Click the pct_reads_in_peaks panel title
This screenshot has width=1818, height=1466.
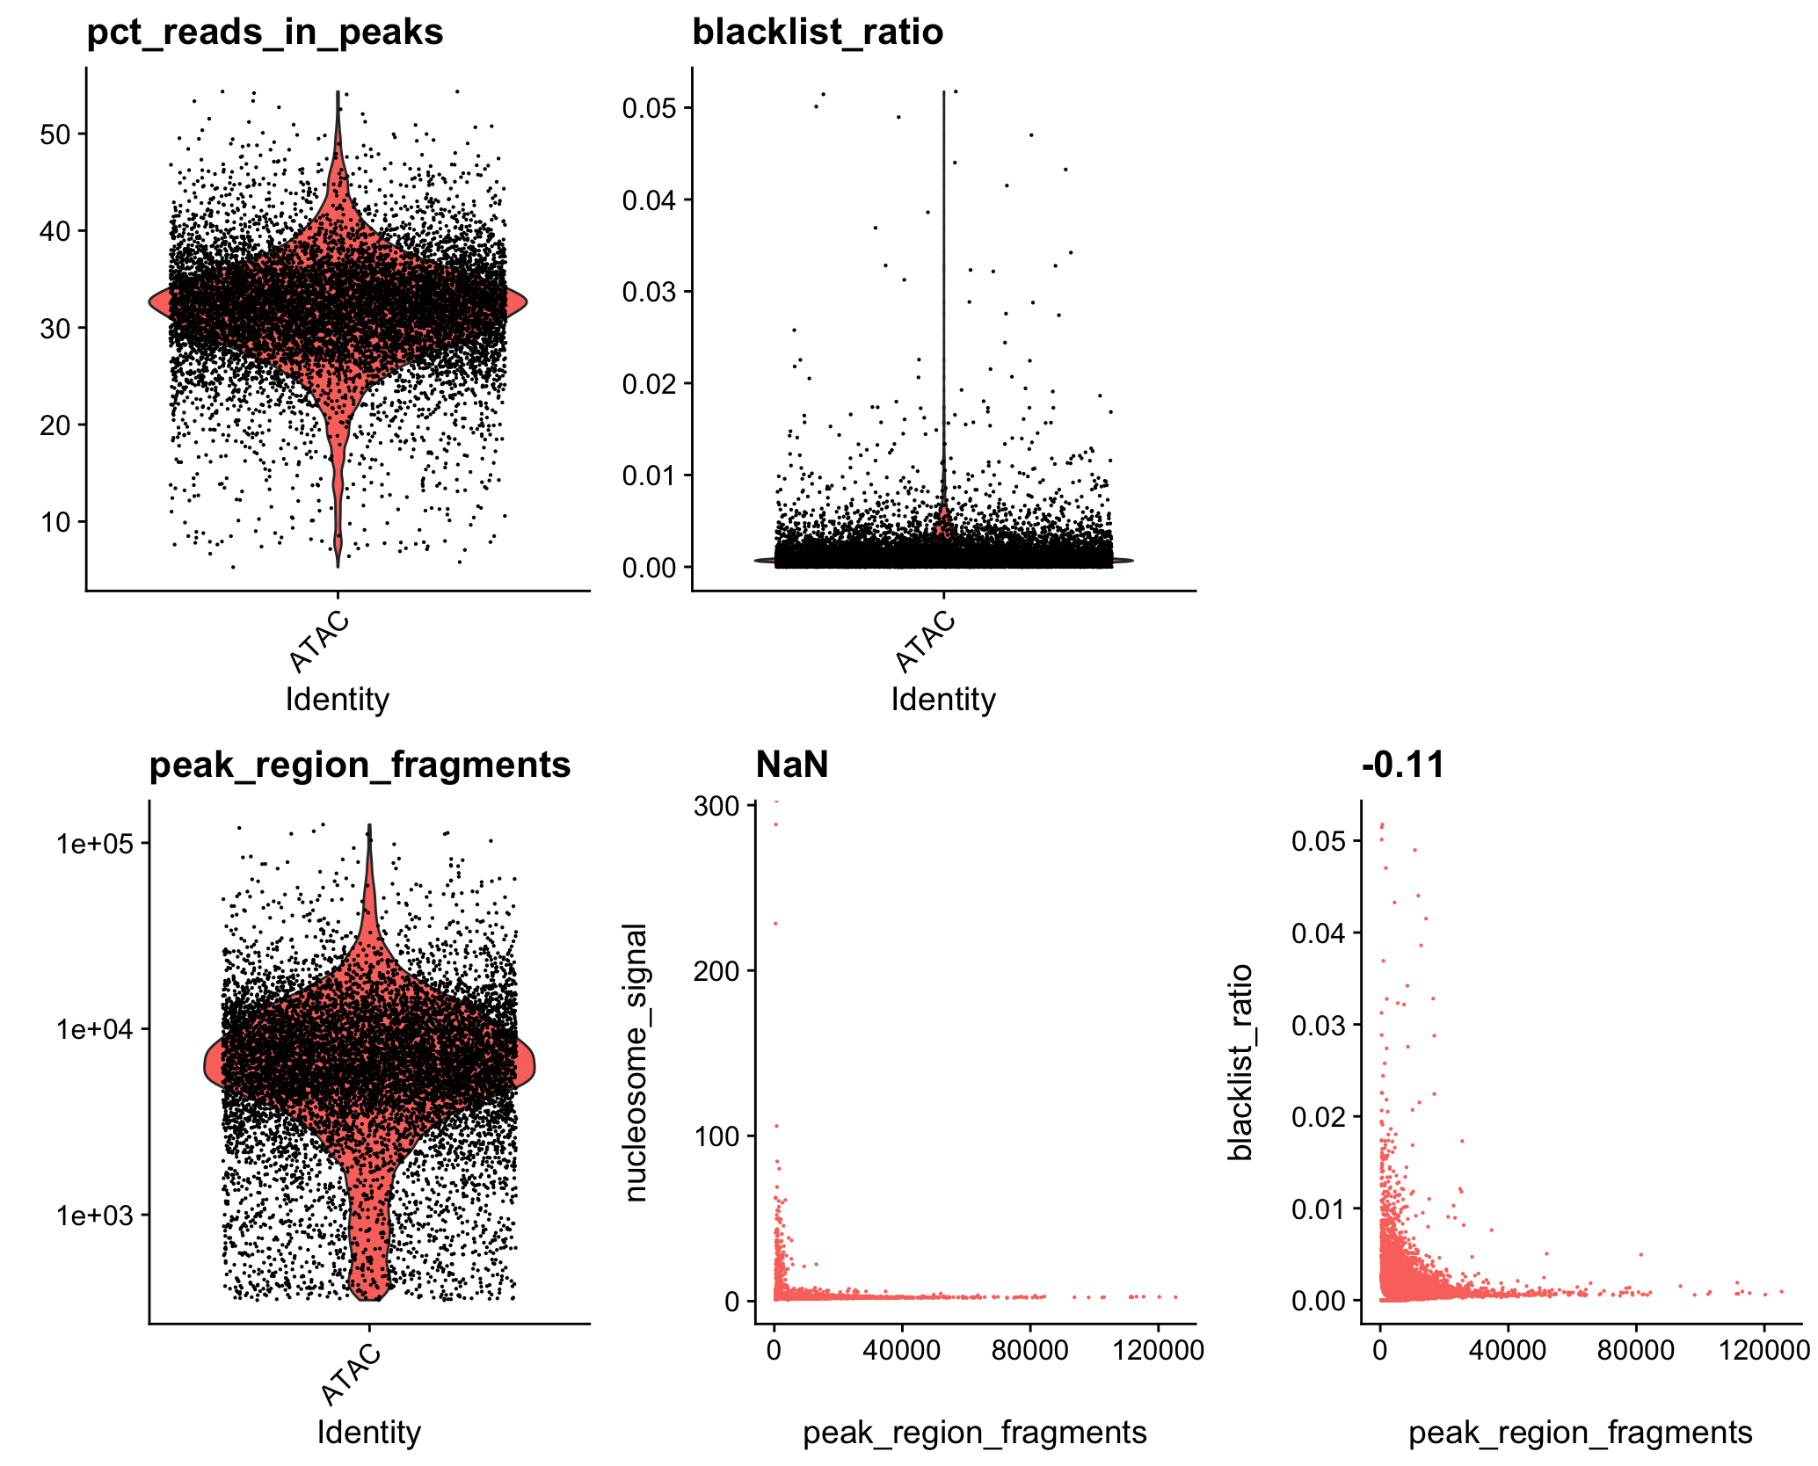pos(265,33)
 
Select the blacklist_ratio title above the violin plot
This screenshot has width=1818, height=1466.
pos(818,33)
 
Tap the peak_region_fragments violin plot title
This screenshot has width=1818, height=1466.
pos(360,765)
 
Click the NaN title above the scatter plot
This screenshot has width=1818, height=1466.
pos(792,765)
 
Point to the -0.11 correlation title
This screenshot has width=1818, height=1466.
pos(1403,765)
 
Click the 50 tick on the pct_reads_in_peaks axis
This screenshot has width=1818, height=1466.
pos(56,134)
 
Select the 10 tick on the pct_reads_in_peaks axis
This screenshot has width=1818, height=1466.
pos(56,522)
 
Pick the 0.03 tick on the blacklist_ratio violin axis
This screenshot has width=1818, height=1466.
pos(650,292)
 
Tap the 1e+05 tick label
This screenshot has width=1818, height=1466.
pos(95,844)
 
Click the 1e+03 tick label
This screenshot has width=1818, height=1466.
pos(95,1216)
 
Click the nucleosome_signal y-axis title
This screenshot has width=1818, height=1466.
pos(636,1063)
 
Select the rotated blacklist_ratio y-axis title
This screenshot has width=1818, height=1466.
pos(1240,1063)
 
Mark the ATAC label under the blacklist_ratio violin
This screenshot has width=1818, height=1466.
pos(926,642)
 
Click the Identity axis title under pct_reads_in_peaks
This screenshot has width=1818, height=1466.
pos(338,700)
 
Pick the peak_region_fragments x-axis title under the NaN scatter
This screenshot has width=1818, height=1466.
pos(975,1433)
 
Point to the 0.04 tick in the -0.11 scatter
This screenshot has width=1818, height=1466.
pos(1319,933)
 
